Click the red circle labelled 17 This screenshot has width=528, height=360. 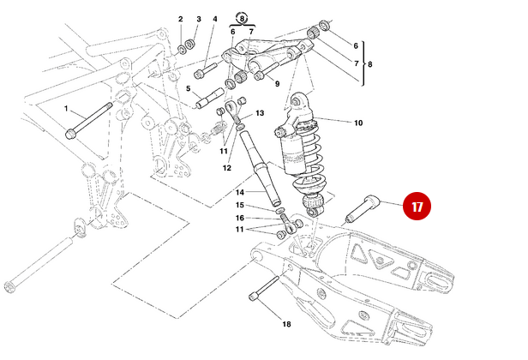(x=417, y=207)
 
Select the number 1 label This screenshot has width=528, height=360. (x=66, y=109)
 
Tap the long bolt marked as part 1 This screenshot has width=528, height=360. (x=89, y=120)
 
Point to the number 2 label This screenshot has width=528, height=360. (x=181, y=19)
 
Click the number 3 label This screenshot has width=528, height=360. (x=198, y=19)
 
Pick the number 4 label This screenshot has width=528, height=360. (x=214, y=19)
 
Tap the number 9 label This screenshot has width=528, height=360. (x=277, y=83)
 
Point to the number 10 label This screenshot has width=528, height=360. (x=357, y=123)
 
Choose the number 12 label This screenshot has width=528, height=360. (x=227, y=168)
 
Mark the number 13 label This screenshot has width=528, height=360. (x=260, y=113)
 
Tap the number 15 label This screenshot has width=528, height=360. (x=240, y=206)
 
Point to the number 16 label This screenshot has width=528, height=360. (x=240, y=218)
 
